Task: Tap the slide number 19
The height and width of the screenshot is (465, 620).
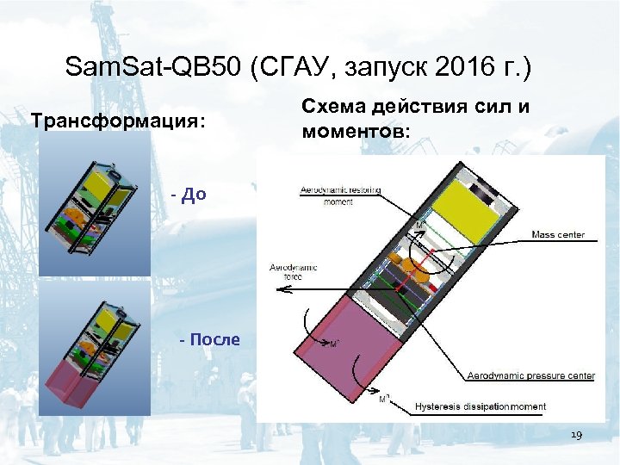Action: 576,436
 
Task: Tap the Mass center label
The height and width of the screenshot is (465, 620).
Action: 558,234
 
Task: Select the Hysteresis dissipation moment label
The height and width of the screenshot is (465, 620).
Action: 480,406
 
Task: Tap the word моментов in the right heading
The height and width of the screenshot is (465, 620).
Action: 355,133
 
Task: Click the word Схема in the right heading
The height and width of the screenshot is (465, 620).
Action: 332,106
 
